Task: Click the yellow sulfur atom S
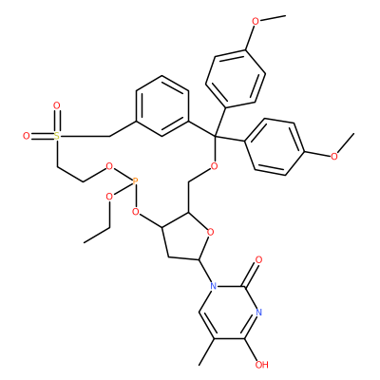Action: tap(56, 137)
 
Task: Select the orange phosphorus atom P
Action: tap(135, 181)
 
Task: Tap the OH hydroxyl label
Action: tap(261, 365)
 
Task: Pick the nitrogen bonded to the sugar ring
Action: tap(214, 287)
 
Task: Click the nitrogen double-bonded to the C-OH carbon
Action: tap(259, 313)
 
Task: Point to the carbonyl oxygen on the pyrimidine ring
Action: tap(258, 260)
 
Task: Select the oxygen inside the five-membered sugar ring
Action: tap(210, 233)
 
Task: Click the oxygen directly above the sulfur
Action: tap(57, 105)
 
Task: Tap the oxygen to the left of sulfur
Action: tap(27, 137)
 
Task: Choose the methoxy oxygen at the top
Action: tap(256, 22)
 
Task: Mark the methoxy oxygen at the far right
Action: tap(334, 156)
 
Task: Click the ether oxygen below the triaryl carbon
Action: tap(214, 165)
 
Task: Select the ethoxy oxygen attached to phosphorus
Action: tap(109, 197)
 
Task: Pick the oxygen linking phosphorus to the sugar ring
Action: tap(136, 211)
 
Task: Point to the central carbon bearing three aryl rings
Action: tap(215, 137)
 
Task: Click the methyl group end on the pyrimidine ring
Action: tap(199, 365)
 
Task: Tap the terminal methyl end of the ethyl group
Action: tap(85, 242)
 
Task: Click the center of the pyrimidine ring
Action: tap(230, 313)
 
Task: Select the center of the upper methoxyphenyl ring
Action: tap(236, 79)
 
